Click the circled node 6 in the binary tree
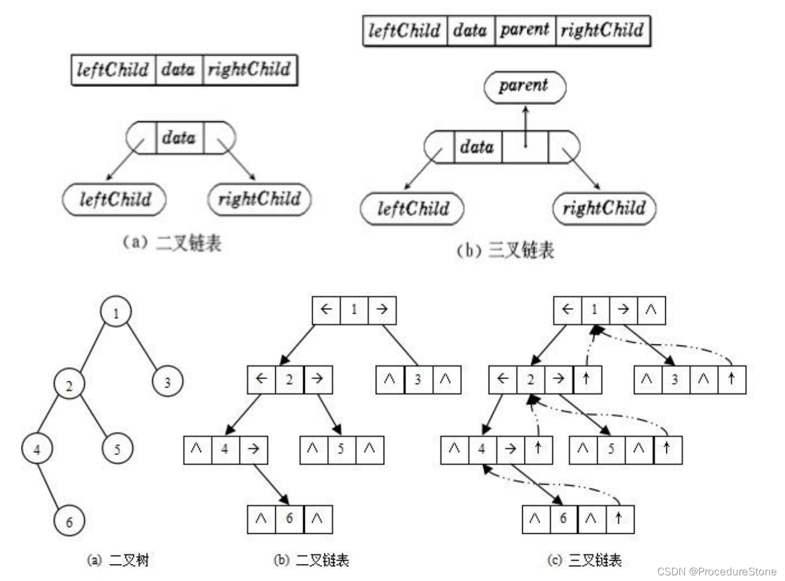coord(69,521)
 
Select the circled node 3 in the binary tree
coord(167,382)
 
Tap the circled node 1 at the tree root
coord(116,311)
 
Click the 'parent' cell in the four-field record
coord(524,30)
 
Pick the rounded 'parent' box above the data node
coord(524,87)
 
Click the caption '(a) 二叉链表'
coord(172,243)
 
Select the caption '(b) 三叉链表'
coord(505,250)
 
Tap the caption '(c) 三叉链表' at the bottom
coord(584,561)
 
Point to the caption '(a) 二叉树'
coord(118,561)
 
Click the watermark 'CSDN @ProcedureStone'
coord(717,571)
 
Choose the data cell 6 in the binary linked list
coord(289,519)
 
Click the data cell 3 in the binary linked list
coord(418,380)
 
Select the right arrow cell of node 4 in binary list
coord(253,449)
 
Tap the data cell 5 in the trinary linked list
coord(611,449)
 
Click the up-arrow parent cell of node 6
coord(619,519)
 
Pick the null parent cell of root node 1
coord(651,310)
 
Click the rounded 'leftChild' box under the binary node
coord(114,199)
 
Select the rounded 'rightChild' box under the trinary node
coord(604,208)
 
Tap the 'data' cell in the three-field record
coord(178,70)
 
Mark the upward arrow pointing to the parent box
coord(526,126)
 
